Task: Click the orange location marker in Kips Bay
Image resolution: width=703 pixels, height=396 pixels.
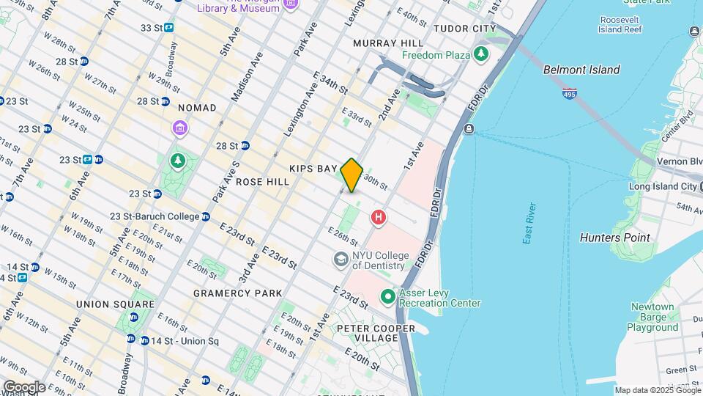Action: (x=351, y=175)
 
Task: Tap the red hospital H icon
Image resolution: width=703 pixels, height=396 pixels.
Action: (x=379, y=217)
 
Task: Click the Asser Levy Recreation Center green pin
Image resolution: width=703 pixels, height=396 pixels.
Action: (x=387, y=297)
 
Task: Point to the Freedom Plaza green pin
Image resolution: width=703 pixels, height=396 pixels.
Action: (x=480, y=54)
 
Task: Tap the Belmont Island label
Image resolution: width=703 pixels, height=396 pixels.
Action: (x=581, y=70)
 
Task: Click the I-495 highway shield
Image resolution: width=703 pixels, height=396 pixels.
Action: (x=570, y=94)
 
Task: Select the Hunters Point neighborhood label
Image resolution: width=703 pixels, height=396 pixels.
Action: (x=614, y=238)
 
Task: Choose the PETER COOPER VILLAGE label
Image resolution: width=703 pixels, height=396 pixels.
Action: (x=367, y=332)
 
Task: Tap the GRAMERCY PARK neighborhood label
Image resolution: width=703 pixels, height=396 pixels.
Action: (x=237, y=293)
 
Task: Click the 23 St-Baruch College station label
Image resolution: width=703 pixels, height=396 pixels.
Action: (x=155, y=216)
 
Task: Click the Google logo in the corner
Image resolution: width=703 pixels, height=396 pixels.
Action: (x=23, y=386)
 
